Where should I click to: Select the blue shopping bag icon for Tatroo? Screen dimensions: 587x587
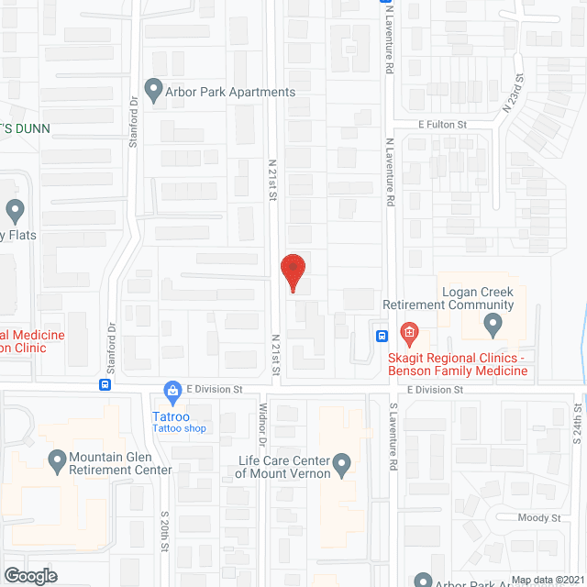tap(172, 392)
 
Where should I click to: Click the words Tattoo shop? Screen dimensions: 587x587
tap(180, 428)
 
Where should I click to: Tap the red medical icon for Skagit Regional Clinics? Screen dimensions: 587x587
tap(409, 331)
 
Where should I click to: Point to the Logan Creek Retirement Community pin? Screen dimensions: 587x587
tap(493, 324)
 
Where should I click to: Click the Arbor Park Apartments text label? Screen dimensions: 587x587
tap(230, 92)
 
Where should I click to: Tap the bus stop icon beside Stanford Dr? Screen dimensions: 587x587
tap(106, 385)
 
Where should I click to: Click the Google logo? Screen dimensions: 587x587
tap(29, 575)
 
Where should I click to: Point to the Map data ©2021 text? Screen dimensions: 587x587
tap(548, 580)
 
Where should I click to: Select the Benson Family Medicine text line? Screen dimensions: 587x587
tap(470, 371)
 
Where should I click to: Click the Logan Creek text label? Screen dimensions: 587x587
tap(478, 292)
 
